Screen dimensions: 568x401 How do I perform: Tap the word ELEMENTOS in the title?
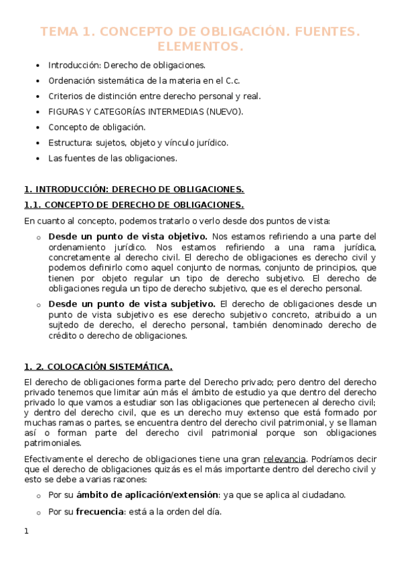200,47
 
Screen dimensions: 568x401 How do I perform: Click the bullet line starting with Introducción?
127,66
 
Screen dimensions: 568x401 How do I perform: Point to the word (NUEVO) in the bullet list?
224,112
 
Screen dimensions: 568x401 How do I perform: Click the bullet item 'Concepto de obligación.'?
96,127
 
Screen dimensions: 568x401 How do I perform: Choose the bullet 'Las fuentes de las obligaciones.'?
112,159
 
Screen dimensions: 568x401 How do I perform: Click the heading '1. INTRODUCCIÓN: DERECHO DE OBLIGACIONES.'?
134,190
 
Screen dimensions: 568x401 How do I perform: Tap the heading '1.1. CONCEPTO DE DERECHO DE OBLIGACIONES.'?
134,205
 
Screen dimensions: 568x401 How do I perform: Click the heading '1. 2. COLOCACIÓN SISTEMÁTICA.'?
98,366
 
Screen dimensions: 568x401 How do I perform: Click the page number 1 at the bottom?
26,532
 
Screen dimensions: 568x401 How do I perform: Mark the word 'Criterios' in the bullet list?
65,96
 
